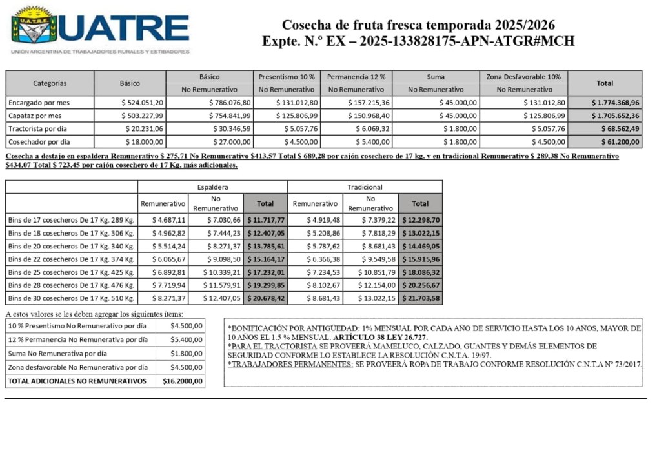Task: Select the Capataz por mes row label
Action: [35, 116]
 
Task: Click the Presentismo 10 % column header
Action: [287, 76]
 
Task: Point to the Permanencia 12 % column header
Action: [356, 76]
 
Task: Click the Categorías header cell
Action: [50, 83]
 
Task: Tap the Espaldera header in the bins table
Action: [212, 187]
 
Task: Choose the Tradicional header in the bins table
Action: [365, 187]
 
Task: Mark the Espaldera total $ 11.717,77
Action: [265, 220]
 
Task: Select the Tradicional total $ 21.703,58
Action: [420, 298]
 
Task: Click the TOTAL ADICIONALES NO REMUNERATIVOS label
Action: [77, 381]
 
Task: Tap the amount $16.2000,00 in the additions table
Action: [181, 381]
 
